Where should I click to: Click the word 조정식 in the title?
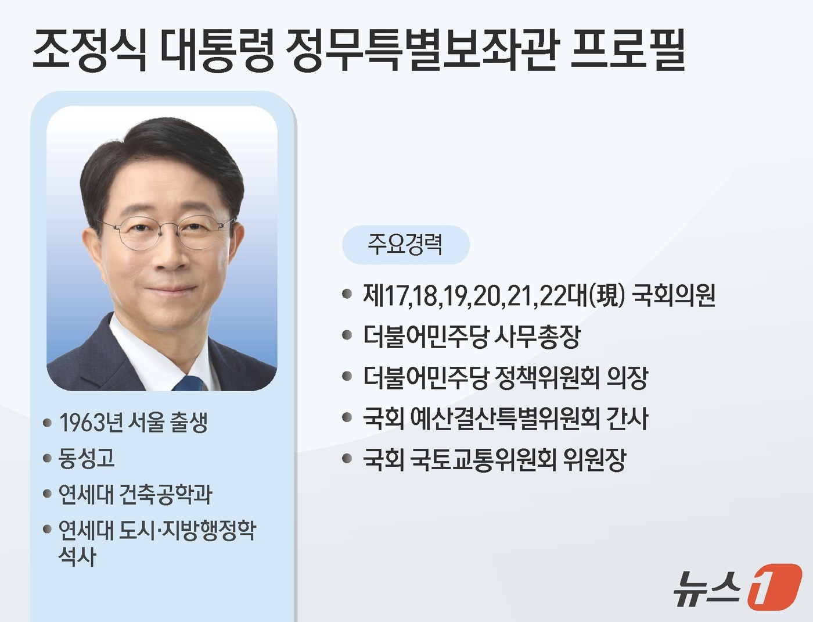click(x=89, y=49)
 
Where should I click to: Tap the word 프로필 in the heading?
click(x=628, y=49)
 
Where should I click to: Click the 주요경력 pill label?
click(x=405, y=244)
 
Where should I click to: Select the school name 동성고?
click(x=87, y=458)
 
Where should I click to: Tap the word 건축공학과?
click(x=166, y=494)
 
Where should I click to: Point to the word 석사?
click(x=77, y=557)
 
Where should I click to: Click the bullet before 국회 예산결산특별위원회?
click(x=347, y=417)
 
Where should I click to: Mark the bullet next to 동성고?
click(x=48, y=459)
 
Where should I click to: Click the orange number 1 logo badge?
click(x=774, y=587)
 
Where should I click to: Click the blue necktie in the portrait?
click(x=189, y=383)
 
